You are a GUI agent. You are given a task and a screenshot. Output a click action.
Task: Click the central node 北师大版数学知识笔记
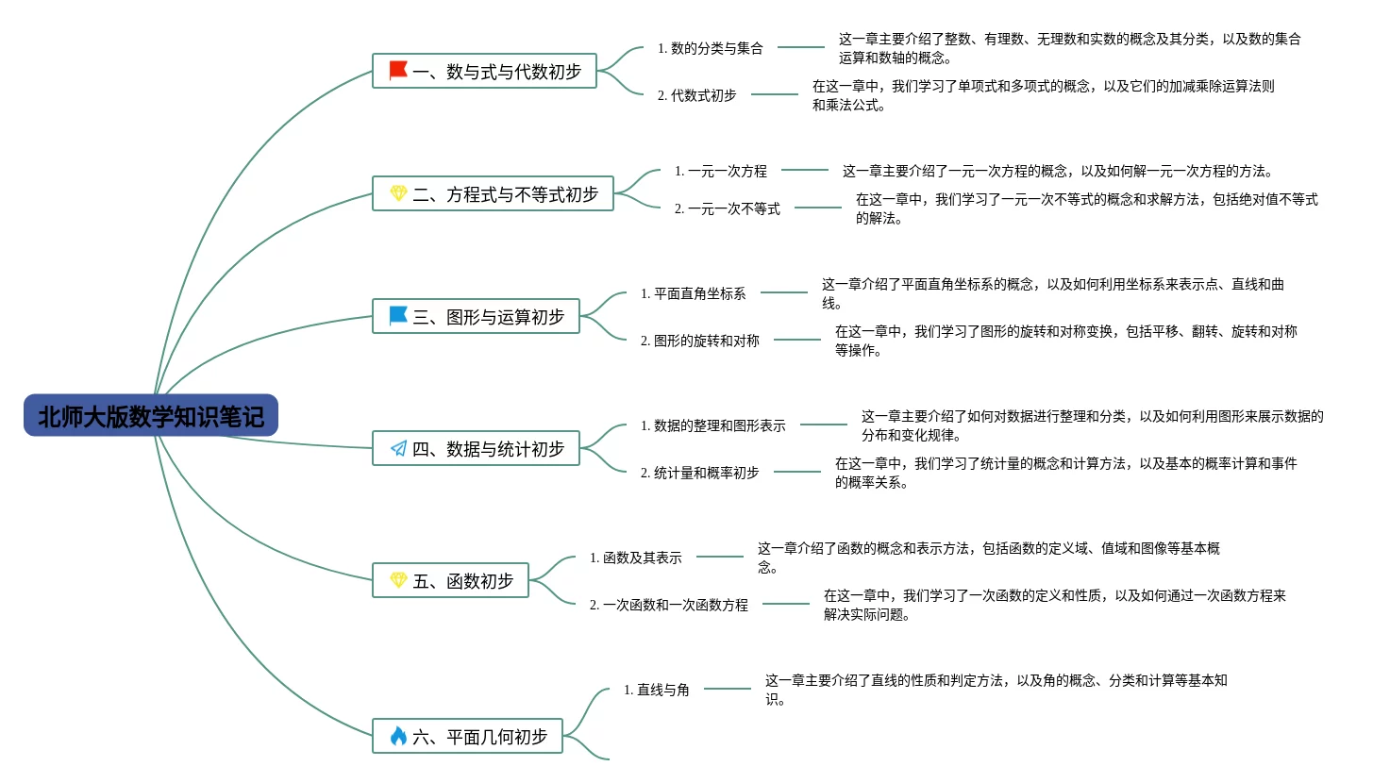point(151,416)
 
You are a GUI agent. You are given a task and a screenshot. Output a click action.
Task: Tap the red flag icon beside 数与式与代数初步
point(398,71)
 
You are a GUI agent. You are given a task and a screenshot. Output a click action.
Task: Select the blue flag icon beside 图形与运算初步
point(398,316)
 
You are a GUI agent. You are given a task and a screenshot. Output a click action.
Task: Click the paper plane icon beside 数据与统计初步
point(398,449)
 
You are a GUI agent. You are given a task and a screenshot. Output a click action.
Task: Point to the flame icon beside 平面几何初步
point(398,736)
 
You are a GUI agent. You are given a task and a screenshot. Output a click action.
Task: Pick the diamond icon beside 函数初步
point(398,580)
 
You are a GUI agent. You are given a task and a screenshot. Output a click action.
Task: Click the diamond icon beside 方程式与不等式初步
point(398,193)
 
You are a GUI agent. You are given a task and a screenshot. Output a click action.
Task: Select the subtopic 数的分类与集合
point(711,48)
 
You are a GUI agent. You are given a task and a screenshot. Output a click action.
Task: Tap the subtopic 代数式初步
point(697,95)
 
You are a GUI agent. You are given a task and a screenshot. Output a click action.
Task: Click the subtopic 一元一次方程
point(721,171)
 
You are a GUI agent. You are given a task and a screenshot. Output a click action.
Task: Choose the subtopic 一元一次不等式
point(728,208)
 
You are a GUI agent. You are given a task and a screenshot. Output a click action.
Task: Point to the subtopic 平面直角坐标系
point(694,293)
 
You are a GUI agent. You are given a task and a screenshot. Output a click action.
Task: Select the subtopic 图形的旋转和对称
point(700,341)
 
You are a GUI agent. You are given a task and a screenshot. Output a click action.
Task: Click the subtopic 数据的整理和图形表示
point(713,425)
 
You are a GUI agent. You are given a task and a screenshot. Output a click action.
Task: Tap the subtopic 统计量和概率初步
point(700,473)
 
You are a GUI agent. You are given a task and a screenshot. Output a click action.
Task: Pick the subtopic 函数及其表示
point(636,558)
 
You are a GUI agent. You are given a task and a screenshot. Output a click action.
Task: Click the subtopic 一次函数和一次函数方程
point(669,605)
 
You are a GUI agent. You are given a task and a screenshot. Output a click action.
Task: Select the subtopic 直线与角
point(657,690)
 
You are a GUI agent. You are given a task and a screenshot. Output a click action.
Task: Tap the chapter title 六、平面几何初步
point(479,737)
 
